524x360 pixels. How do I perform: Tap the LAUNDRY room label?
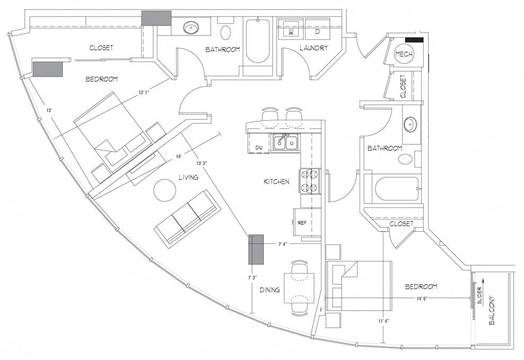pyautogui.click(x=313, y=48)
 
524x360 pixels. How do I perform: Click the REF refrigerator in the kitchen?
pyautogui.click(x=301, y=223)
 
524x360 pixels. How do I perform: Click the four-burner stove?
pyautogui.click(x=310, y=181)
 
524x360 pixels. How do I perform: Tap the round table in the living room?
pyautogui.click(x=165, y=190)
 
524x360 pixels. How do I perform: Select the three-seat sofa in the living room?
pyautogui.click(x=187, y=217)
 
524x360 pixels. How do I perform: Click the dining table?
pyautogui.click(x=299, y=287)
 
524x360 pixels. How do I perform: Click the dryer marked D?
pyautogui.click(x=317, y=31)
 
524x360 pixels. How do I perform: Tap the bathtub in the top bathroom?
pyautogui.click(x=257, y=41)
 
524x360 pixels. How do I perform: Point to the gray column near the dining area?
pyautogui.click(x=257, y=249)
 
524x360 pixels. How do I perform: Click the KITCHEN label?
pyautogui.click(x=276, y=182)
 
